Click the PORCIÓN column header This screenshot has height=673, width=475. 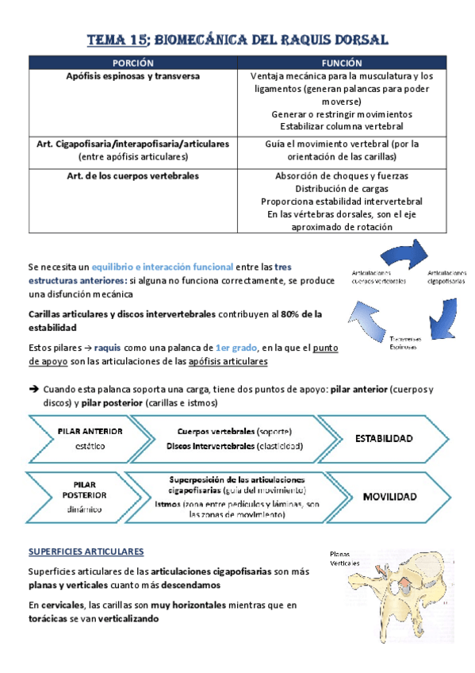(x=132, y=63)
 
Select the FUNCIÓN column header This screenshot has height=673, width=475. (x=342, y=63)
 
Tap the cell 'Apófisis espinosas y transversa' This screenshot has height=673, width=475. (x=132, y=77)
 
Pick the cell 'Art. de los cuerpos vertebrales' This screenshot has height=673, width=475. (x=132, y=175)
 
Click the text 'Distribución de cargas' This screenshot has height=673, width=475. (x=342, y=189)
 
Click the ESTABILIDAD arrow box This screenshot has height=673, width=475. (x=384, y=438)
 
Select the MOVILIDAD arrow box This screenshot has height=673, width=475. (x=389, y=497)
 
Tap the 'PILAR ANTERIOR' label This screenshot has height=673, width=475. (x=90, y=431)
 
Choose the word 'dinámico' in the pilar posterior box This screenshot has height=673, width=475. (x=88, y=510)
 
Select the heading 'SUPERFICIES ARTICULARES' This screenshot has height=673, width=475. (x=86, y=551)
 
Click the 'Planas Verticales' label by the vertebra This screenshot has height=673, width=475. (x=345, y=559)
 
